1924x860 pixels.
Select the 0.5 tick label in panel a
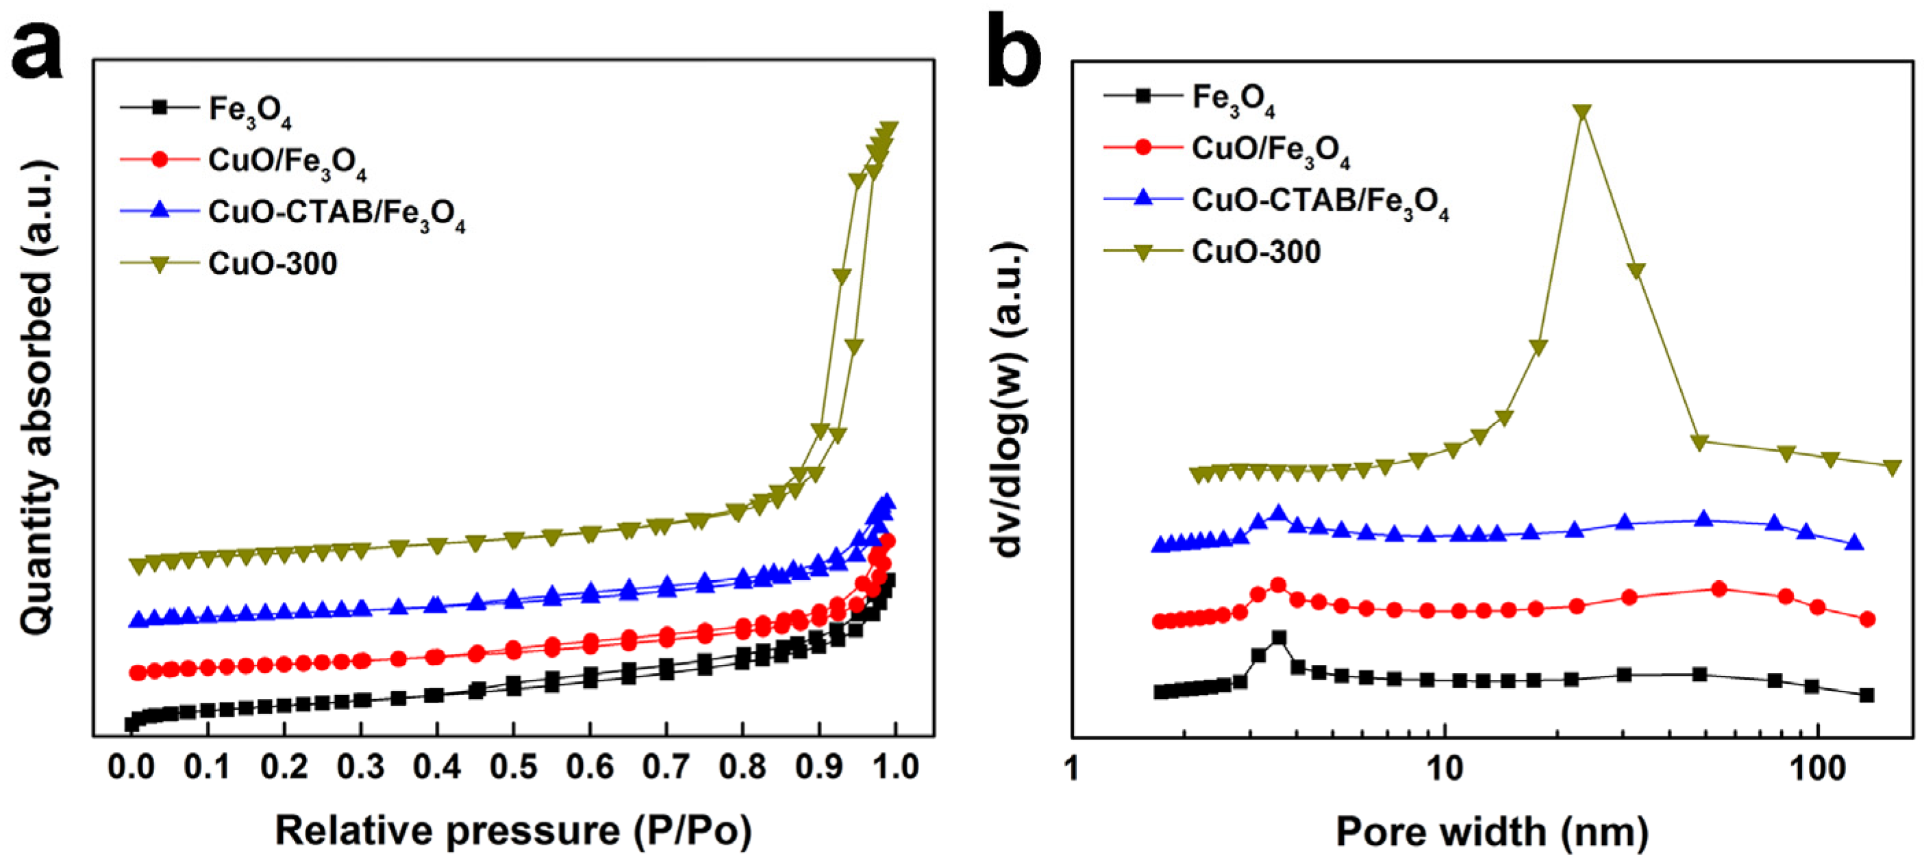(x=513, y=767)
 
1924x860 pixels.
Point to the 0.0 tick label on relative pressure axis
(x=132, y=767)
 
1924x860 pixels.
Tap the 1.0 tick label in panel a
(x=895, y=767)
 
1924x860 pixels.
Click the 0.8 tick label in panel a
(x=742, y=767)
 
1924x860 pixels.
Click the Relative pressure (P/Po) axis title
(x=513, y=830)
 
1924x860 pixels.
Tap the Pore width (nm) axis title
(x=1492, y=831)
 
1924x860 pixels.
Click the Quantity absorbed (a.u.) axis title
(x=38, y=399)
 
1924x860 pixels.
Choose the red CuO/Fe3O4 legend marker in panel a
(x=159, y=159)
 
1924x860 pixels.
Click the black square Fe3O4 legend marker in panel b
(x=1142, y=96)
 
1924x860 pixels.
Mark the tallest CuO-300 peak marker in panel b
(x=1581, y=111)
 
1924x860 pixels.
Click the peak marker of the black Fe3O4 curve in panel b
(x=1279, y=637)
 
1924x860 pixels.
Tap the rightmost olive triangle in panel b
(x=1892, y=468)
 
